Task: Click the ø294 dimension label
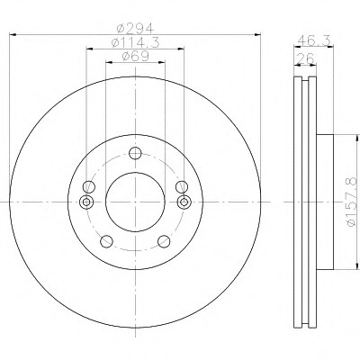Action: pyautogui.click(x=135, y=29)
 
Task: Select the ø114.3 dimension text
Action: pyautogui.click(x=135, y=42)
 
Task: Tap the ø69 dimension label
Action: pyautogui.click(x=135, y=56)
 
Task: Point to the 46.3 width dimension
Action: pyautogui.click(x=314, y=40)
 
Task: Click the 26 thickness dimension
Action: pyautogui.click(x=305, y=58)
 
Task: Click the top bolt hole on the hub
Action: pyautogui.click(x=135, y=153)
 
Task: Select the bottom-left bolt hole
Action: pyautogui.click(x=106, y=241)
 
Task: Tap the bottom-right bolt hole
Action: pyautogui.click(x=164, y=241)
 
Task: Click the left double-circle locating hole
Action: pyautogui.click(x=86, y=202)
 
